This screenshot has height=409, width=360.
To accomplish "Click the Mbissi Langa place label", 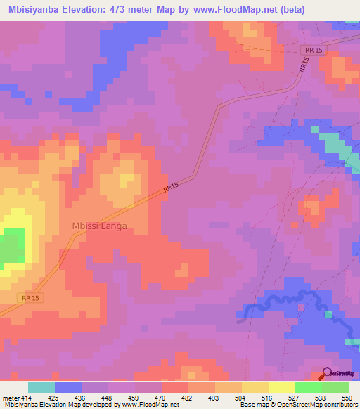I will coord(100,226).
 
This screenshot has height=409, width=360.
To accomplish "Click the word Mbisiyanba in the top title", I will coord(32,10).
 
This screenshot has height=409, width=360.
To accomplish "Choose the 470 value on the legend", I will coord(162,398).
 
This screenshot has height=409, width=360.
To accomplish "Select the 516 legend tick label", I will coord(269,398).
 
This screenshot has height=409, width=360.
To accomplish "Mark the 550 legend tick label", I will coord(349,398).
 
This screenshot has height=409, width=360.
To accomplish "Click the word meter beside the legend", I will coord(11,398).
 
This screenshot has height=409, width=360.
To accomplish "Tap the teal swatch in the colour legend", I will coord(41,387).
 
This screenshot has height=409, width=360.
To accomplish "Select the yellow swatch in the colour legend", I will coord(282,387).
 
